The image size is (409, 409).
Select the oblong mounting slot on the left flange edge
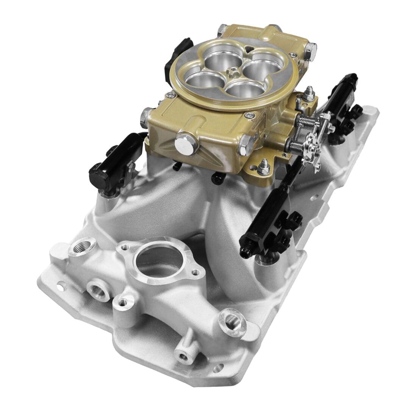(x=59, y=287)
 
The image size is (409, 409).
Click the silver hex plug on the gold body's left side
(x=146, y=117)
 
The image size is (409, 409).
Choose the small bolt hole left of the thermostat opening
(x=124, y=248)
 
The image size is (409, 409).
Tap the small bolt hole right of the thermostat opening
(x=195, y=272)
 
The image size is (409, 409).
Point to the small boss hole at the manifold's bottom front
(x=183, y=356)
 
